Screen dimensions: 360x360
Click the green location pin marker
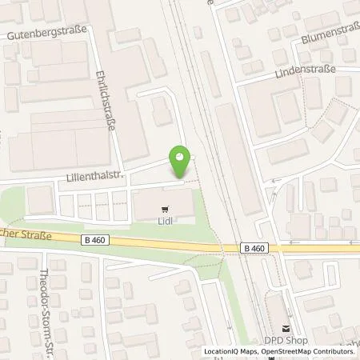coord(181,162)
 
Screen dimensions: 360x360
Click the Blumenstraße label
coord(330,38)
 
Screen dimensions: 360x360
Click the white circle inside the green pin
coord(181,157)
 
